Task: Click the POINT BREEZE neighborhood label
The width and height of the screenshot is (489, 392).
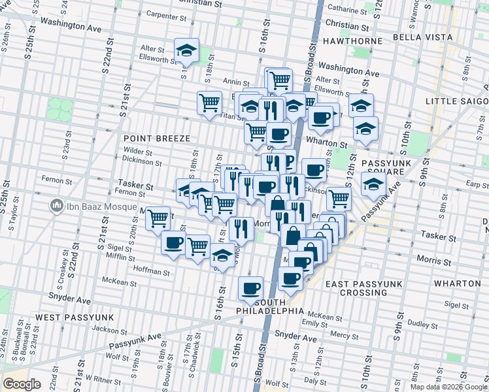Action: (156, 139)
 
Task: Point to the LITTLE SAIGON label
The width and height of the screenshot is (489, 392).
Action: (456, 101)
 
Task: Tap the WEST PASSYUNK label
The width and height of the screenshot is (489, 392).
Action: (75, 317)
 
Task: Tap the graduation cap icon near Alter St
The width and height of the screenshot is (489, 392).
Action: (186, 50)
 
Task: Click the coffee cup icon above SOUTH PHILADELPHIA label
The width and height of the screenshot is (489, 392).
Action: (250, 287)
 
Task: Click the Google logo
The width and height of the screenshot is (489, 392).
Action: (22, 384)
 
